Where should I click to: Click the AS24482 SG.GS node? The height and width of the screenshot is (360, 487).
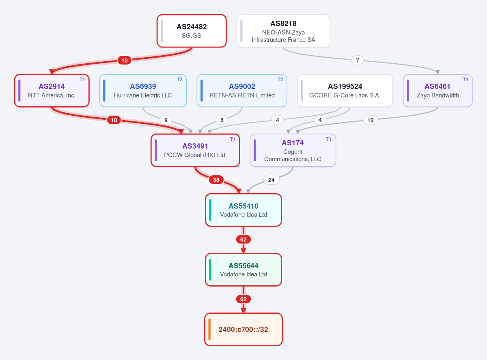tap(192, 31)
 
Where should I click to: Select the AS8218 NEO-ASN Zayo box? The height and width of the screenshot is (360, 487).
tap(283, 31)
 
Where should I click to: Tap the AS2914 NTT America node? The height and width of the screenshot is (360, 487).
tap(52, 91)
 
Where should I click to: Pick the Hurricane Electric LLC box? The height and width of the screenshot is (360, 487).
tap(143, 91)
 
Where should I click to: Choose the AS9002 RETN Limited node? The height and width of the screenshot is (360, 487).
tap(242, 91)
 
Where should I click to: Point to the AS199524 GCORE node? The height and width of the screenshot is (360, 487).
tap(345, 91)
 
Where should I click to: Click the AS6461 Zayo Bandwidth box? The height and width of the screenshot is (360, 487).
tap(437, 91)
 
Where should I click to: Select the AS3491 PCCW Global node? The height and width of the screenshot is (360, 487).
tap(195, 151)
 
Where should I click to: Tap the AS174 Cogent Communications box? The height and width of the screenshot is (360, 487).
tap(293, 151)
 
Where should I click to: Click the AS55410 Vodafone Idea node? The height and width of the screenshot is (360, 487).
tap(243, 210)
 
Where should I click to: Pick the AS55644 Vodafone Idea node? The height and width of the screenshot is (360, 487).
tap(243, 270)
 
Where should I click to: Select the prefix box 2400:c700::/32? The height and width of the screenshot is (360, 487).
tap(243, 330)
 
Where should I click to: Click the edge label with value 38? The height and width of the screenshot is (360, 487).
tap(216, 180)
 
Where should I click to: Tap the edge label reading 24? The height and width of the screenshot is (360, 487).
tap(272, 180)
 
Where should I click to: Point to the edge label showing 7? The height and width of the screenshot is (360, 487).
tap(358, 60)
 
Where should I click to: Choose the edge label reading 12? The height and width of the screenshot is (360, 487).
tap(371, 120)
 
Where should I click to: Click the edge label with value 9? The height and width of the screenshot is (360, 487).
tap(166, 120)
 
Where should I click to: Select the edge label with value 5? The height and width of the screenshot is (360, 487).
tap(222, 120)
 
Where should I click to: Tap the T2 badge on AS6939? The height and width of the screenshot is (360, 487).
tap(180, 80)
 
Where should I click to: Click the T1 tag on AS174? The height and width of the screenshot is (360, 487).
tap(329, 139)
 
